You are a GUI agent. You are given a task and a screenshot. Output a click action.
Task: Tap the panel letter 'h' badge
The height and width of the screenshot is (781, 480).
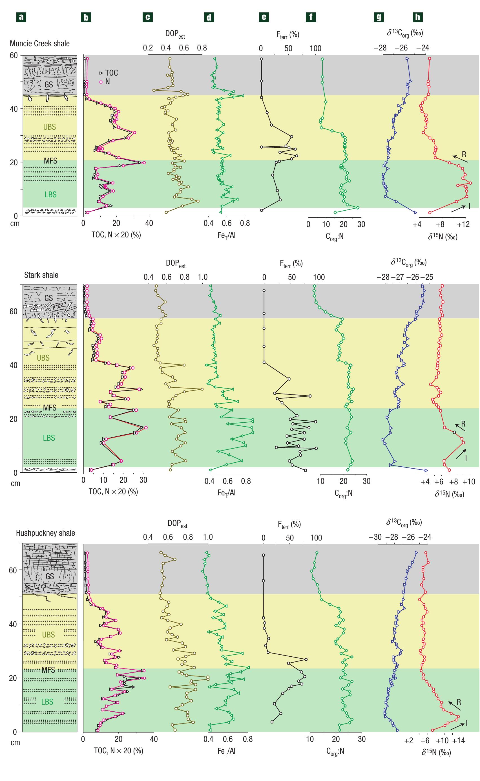[417, 17]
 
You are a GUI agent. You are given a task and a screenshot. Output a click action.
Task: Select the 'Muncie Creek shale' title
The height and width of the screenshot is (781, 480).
[39, 43]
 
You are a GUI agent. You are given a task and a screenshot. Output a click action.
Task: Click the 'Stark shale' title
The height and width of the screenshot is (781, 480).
[41, 275]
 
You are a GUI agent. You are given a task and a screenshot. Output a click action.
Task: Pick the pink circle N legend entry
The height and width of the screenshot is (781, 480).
[105, 81]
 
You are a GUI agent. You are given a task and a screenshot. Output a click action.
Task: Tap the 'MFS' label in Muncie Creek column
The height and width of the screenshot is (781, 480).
[50, 161]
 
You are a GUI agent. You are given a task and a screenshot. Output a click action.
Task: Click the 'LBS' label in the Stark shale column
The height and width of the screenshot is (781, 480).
[49, 438]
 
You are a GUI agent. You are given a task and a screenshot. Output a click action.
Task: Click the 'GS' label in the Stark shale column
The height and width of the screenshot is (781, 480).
[48, 298]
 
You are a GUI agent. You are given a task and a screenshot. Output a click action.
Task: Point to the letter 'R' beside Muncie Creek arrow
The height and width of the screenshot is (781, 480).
[464, 155]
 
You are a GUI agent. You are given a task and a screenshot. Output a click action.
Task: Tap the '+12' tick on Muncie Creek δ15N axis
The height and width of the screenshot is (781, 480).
[463, 224]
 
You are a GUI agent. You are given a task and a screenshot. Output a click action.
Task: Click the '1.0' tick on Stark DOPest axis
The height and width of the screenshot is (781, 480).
[203, 277]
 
